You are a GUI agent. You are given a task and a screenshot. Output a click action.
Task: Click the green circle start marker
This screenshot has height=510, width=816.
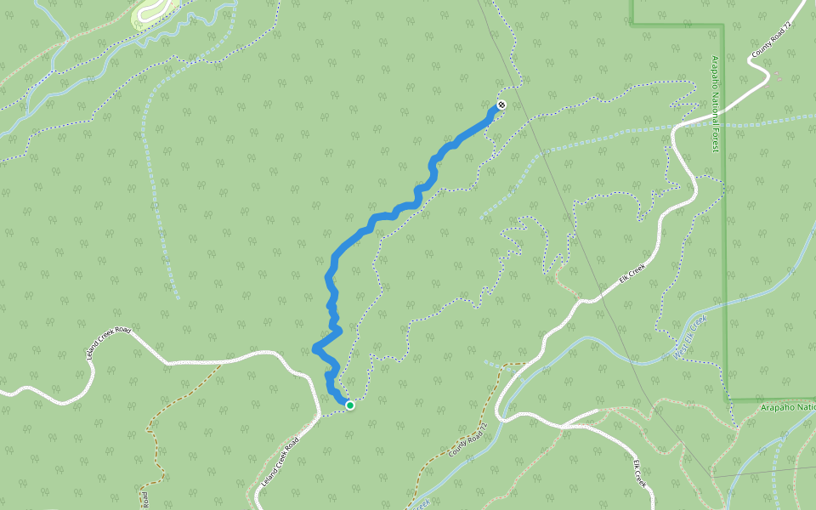tap(349, 405)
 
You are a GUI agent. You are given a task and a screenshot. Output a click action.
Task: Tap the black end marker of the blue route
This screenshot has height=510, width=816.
tap(501, 105)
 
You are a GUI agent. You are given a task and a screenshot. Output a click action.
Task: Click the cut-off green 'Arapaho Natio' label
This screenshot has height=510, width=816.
tap(787, 408)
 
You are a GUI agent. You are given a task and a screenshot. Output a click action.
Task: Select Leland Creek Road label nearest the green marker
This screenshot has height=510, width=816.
tap(280, 466)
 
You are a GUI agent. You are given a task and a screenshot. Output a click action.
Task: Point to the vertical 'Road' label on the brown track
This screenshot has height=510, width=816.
tap(144, 497)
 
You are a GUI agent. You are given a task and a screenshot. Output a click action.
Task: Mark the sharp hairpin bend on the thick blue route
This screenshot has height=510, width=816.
tap(316, 347)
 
